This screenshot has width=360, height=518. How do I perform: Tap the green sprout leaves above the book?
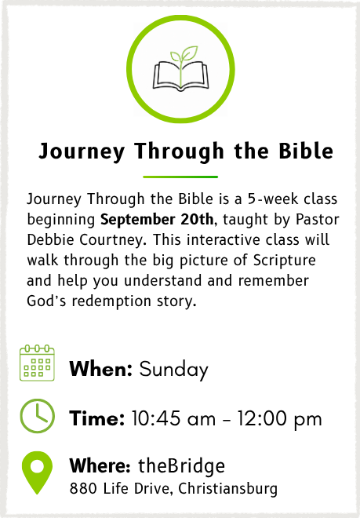[184, 54]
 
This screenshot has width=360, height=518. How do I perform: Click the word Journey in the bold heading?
[82, 151]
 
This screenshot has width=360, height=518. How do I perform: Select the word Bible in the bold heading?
[306, 151]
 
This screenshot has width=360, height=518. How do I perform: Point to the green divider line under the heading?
[180, 177]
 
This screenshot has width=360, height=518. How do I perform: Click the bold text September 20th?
[157, 219]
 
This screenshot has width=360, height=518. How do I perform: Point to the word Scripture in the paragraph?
[285, 261]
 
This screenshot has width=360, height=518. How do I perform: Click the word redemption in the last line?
[111, 301]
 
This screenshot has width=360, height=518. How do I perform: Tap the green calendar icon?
[37, 363]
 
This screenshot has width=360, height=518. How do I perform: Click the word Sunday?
[173, 370]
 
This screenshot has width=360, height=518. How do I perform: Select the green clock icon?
[38, 416]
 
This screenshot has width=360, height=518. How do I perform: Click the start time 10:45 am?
[173, 418]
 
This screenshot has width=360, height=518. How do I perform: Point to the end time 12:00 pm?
[279, 419]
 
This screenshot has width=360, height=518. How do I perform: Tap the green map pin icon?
[37, 472]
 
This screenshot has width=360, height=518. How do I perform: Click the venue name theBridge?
[181, 465]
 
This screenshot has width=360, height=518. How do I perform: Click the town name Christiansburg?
[228, 489]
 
